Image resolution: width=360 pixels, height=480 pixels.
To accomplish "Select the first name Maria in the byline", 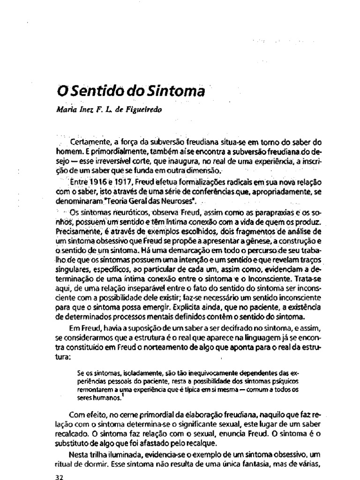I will coord(66,111).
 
